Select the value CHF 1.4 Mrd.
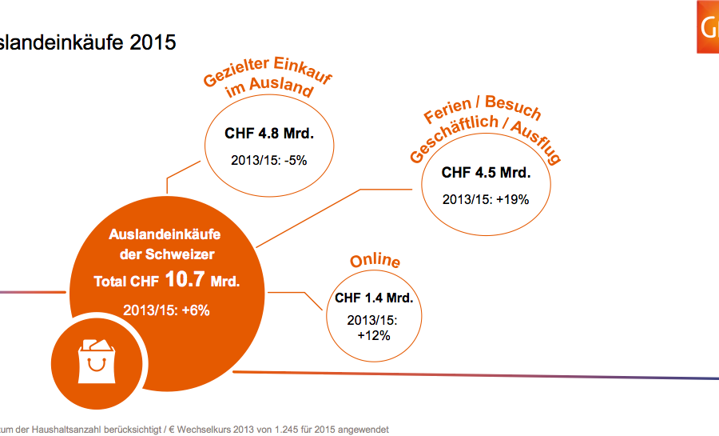click(374, 298)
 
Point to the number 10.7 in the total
click(189, 280)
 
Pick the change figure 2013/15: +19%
click(486, 199)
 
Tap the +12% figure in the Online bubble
click(374, 335)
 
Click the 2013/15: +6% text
click(166, 310)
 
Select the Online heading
click(375, 262)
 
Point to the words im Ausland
click(269, 88)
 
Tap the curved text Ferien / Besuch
click(483, 111)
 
